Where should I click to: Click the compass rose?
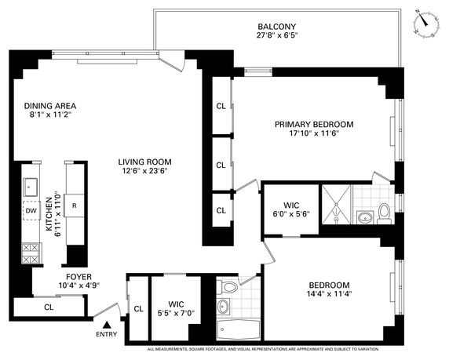[426, 23]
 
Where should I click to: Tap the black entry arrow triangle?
[107, 325]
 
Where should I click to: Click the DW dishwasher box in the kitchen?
[31, 211]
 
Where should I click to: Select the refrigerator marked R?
[74, 205]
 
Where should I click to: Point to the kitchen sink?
[30, 187]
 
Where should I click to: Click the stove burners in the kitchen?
[31, 253]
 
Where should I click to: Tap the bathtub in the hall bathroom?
[239, 329]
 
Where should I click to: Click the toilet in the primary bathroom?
[384, 214]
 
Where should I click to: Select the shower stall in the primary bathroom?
[337, 204]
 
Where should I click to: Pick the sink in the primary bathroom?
[365, 217]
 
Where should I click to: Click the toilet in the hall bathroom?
[227, 286]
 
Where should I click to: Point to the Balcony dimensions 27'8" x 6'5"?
[277, 35]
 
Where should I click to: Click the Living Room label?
[145, 162]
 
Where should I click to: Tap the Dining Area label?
[50, 106]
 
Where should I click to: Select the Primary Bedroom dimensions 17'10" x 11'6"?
[314, 133]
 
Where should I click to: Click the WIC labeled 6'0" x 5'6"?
[291, 209]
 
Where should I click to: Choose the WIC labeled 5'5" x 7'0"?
[176, 308]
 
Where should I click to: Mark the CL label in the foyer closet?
[49, 307]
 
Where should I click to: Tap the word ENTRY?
[107, 334]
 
